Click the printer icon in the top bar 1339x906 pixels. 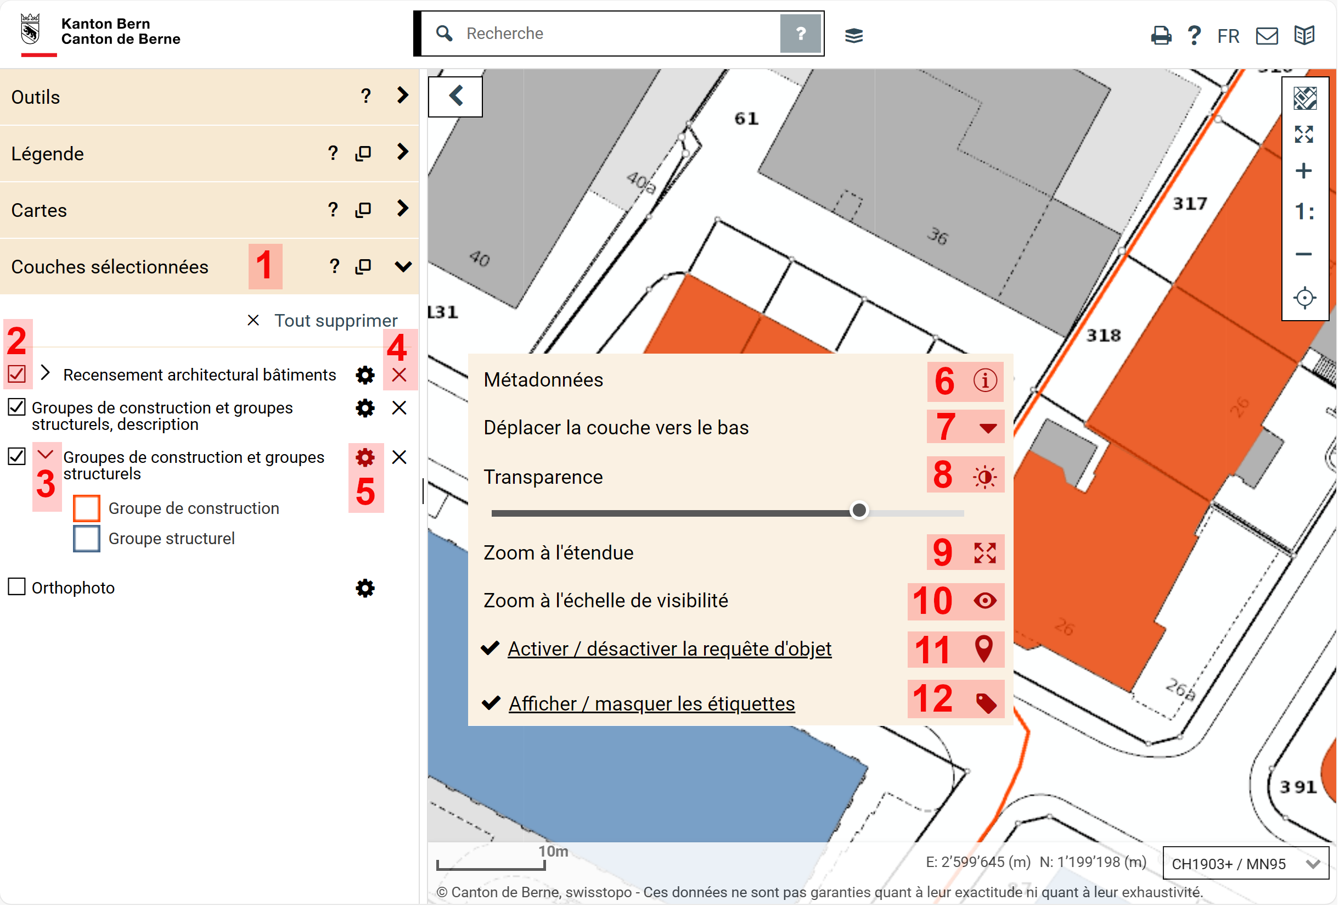tap(1161, 36)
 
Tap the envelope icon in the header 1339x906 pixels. tap(1267, 36)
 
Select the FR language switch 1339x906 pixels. tap(1228, 36)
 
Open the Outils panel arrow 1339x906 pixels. tap(403, 95)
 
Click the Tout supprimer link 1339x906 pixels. tap(336, 321)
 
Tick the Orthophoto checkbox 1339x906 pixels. tap(16, 587)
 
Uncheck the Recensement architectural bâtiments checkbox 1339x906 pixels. tap(16, 374)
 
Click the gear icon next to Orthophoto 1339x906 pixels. tap(365, 589)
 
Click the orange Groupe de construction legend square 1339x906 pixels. tap(86, 508)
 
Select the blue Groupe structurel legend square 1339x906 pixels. tap(86, 539)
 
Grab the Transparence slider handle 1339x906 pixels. tap(859, 511)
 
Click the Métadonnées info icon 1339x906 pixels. tap(985, 381)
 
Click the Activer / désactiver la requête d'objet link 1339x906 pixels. tap(669, 649)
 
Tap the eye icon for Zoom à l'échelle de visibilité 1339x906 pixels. tap(985, 601)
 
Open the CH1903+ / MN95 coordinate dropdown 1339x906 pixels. tap(1246, 863)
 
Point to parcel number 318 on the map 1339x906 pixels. tap(1104, 335)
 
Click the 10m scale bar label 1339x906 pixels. tap(553, 851)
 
